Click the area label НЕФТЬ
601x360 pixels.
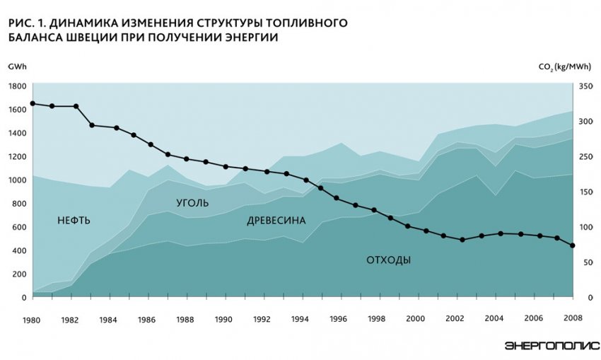pos(74,220)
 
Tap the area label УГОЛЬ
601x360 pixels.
pos(192,202)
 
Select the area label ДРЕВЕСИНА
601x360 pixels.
pos(276,221)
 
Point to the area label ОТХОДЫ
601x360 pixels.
pos(388,260)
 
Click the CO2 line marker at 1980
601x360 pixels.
pos(33,103)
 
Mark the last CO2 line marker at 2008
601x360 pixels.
pos(572,245)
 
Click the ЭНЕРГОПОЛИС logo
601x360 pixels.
pos(552,346)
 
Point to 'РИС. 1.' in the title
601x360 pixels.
pos(25,23)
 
